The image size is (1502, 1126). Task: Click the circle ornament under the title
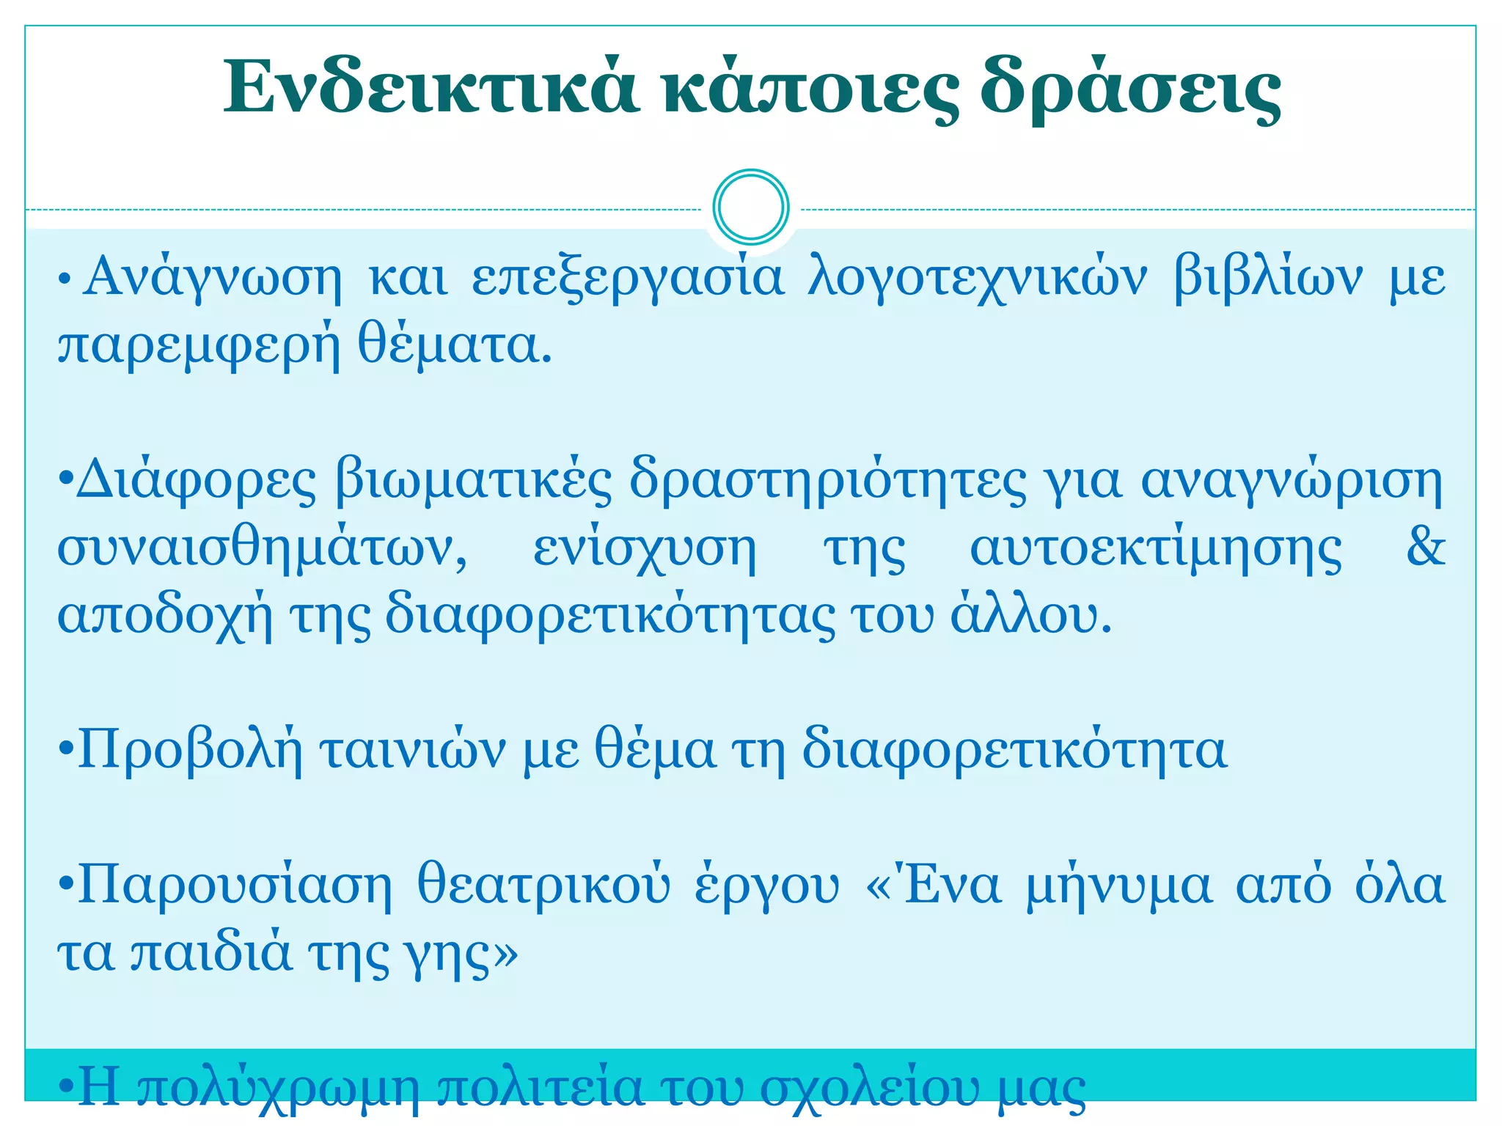click(x=750, y=207)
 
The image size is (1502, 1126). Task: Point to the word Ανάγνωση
click(x=212, y=277)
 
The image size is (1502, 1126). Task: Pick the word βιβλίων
click(x=1268, y=277)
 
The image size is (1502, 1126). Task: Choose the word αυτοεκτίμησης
click(x=1156, y=548)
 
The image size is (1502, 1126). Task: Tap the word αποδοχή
click(x=165, y=616)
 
